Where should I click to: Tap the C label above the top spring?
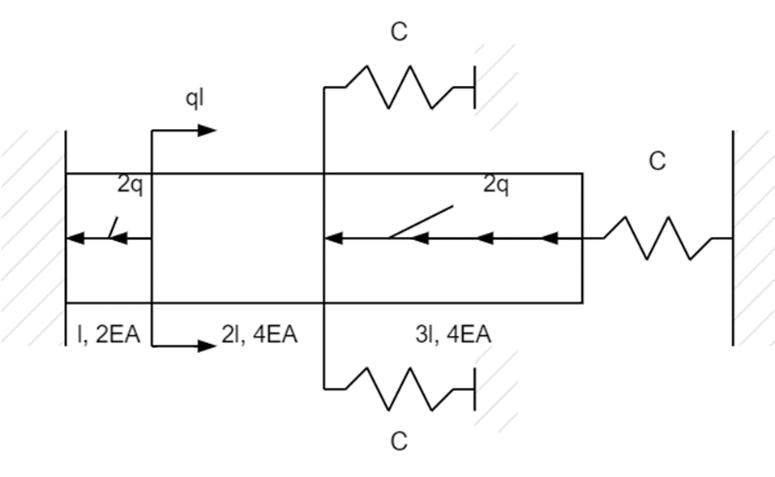tap(399, 33)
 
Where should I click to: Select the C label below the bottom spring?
tap(399, 442)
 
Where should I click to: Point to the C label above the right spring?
tap(657, 161)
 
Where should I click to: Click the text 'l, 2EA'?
tap(106, 334)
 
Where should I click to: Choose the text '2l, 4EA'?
tap(259, 334)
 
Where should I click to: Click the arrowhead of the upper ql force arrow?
tap(209, 130)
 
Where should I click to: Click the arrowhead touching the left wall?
tap(75, 238)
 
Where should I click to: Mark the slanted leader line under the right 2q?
tap(422, 222)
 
